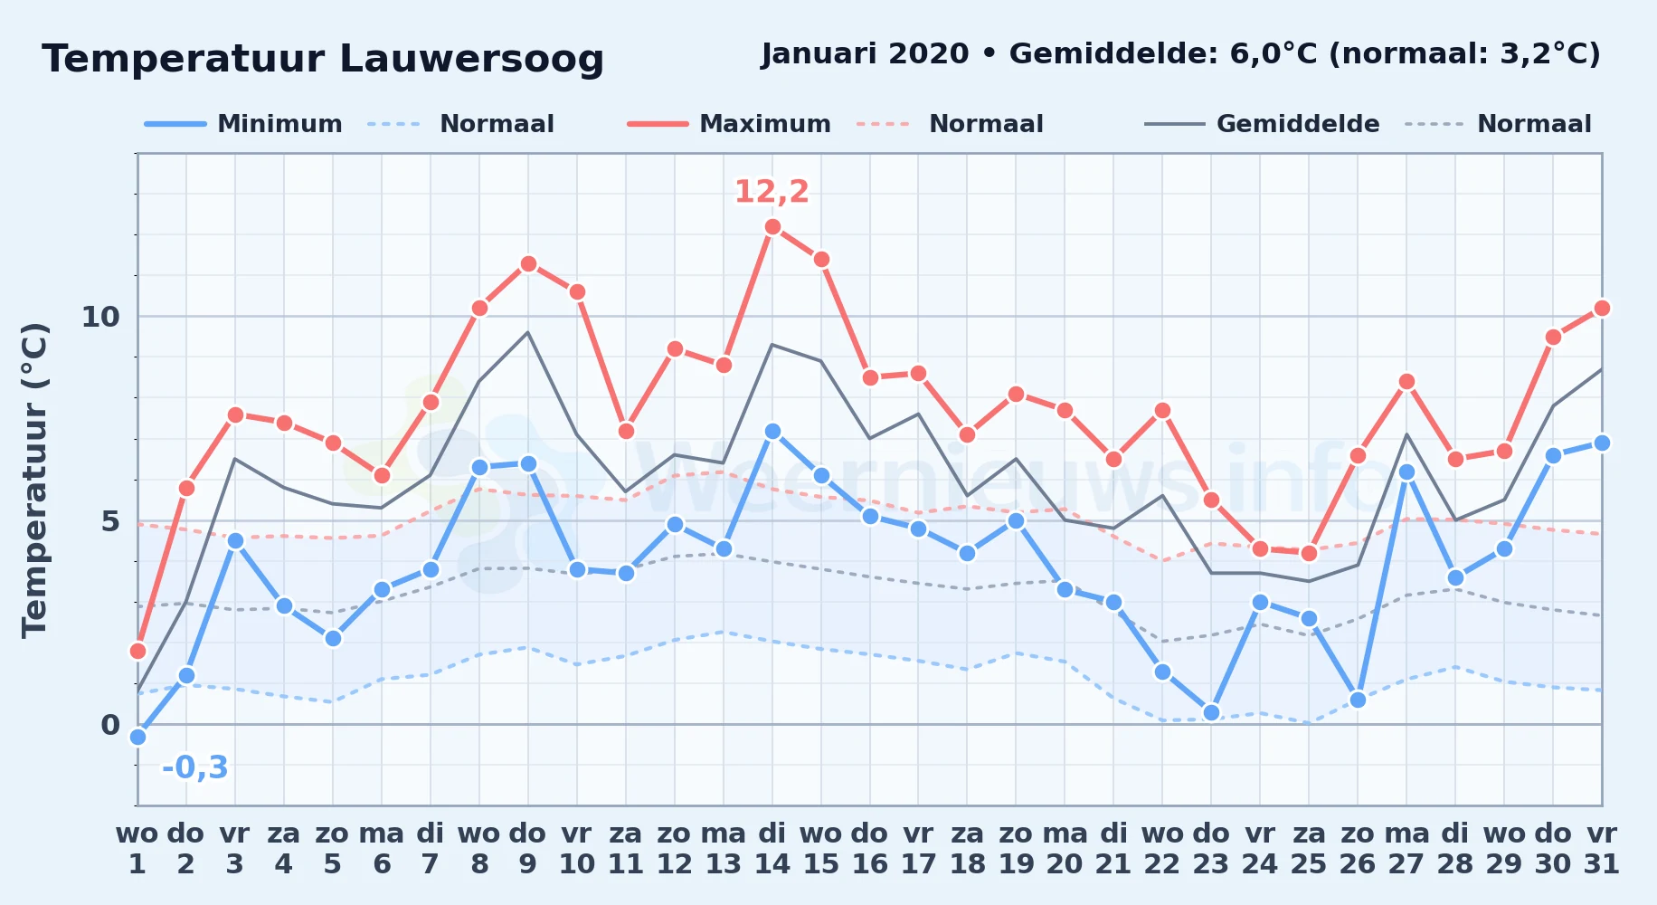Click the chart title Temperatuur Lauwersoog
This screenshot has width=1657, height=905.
[x=323, y=59]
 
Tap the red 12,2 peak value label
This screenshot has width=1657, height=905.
[x=772, y=192]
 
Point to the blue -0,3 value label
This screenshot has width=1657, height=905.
[x=195, y=767]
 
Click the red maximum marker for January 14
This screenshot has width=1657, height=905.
[x=772, y=227]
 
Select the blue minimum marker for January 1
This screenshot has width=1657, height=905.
[x=137, y=737]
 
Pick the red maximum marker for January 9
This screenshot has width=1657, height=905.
[x=528, y=263]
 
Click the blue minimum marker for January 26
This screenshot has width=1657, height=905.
[x=1358, y=700]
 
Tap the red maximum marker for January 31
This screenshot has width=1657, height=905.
[x=1602, y=308]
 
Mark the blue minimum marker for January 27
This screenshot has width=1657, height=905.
[x=1406, y=472]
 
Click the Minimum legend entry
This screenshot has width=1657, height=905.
[x=243, y=124]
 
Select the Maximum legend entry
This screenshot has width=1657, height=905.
[x=729, y=124]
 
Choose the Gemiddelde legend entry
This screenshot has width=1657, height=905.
[x=1263, y=124]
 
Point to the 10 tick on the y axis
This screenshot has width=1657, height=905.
[x=100, y=317]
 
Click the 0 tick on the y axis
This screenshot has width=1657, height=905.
[x=110, y=725]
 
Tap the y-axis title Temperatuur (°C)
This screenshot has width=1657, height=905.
[x=34, y=480]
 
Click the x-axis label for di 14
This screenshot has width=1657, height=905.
[x=772, y=849]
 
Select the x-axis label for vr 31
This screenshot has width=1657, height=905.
[x=1602, y=849]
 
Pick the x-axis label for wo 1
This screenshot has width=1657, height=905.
[x=137, y=849]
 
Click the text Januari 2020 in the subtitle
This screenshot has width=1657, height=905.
[x=866, y=53]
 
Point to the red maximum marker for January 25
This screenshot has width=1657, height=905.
[x=1309, y=553]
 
